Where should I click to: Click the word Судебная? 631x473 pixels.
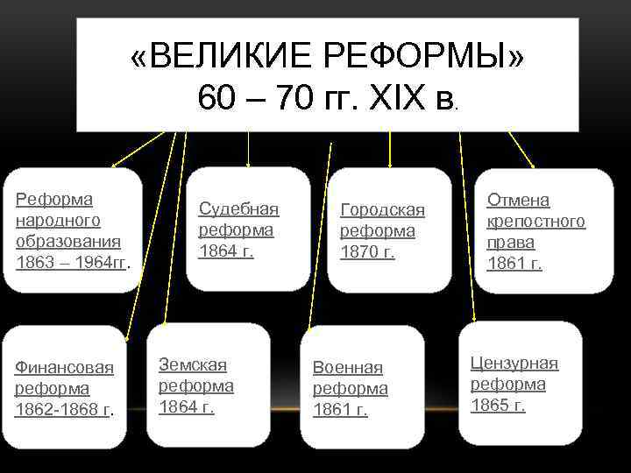238,208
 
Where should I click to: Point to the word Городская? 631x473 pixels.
382,210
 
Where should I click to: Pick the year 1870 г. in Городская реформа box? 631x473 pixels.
367,252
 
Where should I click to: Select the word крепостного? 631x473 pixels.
536,221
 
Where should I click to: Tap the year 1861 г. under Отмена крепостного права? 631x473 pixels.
514,263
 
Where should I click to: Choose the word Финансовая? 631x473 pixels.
64,367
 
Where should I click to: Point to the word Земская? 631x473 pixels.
192,364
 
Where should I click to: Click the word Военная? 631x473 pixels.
348,368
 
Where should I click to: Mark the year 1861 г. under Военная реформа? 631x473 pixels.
340,410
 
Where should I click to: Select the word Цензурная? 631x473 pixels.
514,364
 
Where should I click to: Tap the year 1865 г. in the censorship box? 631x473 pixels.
498,405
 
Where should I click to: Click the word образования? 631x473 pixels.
68,240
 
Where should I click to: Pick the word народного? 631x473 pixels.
58,219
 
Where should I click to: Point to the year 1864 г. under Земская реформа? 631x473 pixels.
186,406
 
